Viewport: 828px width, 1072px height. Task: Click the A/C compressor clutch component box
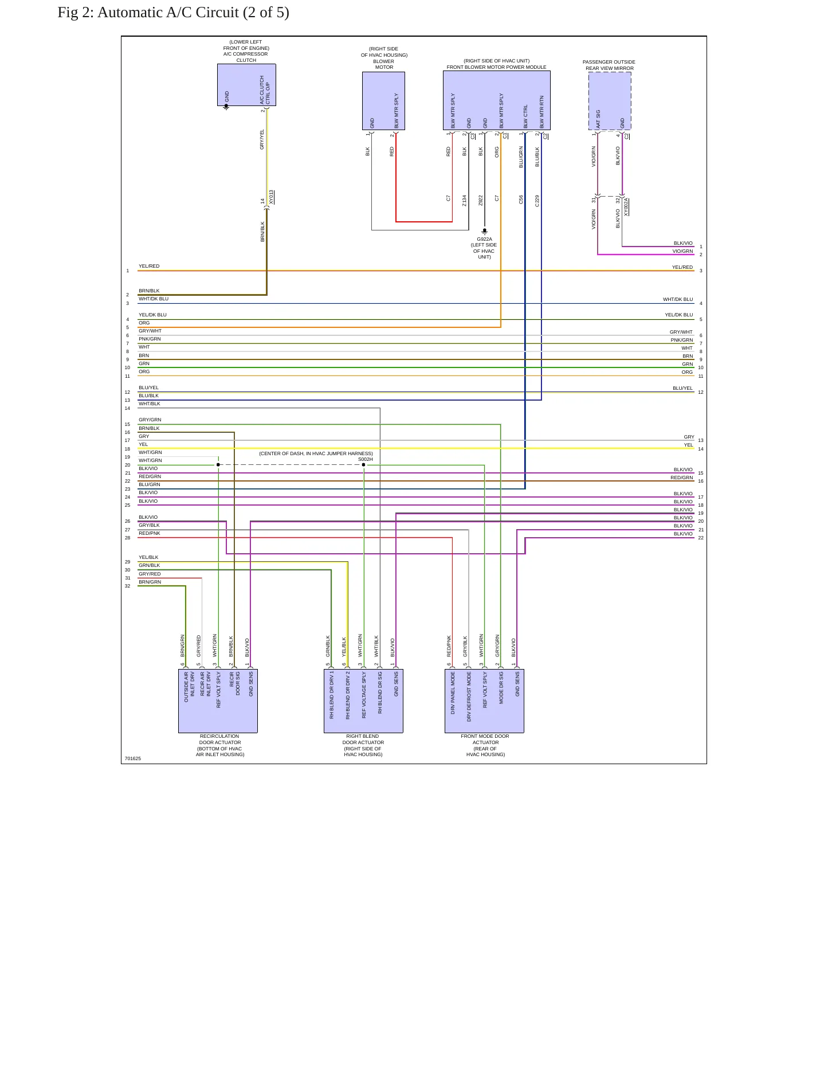coord(246,85)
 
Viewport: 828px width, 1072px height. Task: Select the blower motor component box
coord(383,101)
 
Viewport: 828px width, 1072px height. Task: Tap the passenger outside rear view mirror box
coord(610,101)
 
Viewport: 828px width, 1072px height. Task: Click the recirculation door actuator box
coord(218,701)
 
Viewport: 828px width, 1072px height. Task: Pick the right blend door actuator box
coord(363,701)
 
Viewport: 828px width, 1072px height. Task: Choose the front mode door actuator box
coord(484,701)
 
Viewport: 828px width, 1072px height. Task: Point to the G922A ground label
coord(484,239)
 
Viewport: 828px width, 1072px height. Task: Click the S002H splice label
coord(366,459)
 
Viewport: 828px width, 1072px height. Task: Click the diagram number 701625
coord(133,758)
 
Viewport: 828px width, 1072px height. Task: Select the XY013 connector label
coord(272,197)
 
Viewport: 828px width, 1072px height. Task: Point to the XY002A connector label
coord(626,207)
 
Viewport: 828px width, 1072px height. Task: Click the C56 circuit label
coord(521,199)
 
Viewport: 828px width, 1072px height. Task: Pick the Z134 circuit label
coord(465,201)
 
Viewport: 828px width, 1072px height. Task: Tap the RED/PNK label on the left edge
coord(150,533)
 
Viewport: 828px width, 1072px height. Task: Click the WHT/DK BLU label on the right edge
coord(678,299)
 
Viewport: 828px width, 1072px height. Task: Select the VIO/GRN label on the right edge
coord(682,251)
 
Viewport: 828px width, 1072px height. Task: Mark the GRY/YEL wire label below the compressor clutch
coord(262,139)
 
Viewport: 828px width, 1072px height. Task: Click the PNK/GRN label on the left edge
coord(150,339)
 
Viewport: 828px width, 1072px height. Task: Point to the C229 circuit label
coord(537,201)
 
